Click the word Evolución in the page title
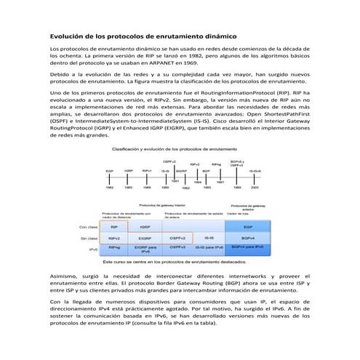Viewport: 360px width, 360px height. point(65,35)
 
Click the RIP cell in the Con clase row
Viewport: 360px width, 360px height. point(114,228)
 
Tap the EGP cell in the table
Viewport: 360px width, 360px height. point(248,228)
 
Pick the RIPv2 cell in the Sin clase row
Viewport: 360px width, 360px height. point(114,238)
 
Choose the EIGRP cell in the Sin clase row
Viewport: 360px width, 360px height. point(145,238)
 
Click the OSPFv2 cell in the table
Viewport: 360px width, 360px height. point(177,238)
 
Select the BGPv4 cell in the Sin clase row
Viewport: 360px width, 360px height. point(248,238)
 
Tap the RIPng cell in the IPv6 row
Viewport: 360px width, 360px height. point(114,248)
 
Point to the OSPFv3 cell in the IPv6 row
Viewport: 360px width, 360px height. point(177,248)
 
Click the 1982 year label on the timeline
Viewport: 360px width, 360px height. point(109,186)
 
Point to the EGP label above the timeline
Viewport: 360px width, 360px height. point(109,172)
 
